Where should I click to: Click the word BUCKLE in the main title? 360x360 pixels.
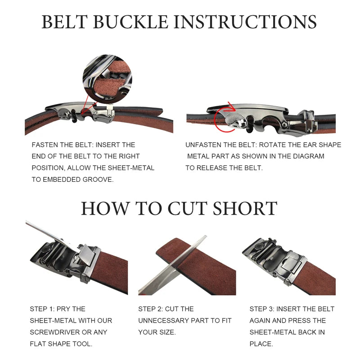point(130,22)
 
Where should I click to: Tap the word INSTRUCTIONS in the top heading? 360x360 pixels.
point(245,22)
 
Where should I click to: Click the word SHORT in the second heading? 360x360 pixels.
point(245,208)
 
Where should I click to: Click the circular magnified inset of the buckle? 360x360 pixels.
point(107,78)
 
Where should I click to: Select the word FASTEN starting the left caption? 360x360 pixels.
point(45,145)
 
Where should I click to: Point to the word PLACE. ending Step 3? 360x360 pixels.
point(261,344)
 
